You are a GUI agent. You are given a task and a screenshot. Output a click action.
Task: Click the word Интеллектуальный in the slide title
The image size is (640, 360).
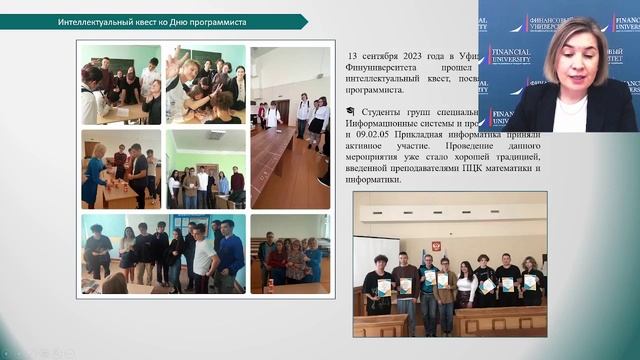[x=98, y=21]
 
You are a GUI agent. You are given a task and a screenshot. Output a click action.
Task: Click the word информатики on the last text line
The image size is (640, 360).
[x=375, y=180]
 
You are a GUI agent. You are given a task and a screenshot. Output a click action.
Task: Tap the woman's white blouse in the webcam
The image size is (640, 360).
[x=571, y=115]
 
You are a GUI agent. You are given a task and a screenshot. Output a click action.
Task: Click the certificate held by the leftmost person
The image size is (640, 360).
[x=383, y=288]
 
